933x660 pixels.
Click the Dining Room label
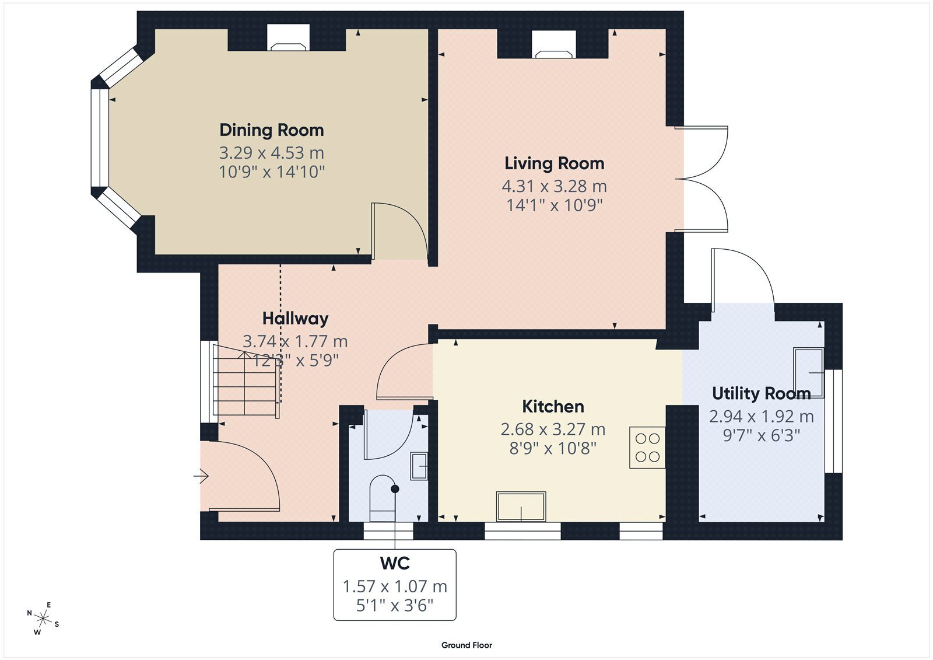click(x=272, y=130)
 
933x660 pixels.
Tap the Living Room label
click(x=555, y=163)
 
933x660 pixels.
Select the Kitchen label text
click(x=553, y=407)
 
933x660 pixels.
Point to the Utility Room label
click(x=762, y=393)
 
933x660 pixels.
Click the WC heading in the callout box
click(x=395, y=563)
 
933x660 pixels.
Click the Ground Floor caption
click(x=467, y=645)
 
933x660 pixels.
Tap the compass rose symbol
click(x=43, y=619)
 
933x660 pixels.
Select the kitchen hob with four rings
click(x=647, y=448)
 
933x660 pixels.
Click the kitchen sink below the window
click(x=521, y=507)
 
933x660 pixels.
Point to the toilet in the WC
click(x=383, y=499)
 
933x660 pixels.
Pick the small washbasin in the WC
click(x=419, y=466)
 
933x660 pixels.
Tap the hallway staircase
click(x=245, y=380)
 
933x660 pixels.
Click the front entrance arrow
click(x=201, y=476)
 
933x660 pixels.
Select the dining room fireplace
click(x=288, y=38)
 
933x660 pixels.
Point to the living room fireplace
click(x=554, y=44)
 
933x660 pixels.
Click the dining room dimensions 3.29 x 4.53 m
click(x=272, y=153)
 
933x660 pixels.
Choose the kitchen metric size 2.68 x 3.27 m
click(x=553, y=429)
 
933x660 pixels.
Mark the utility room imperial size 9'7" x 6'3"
click(x=762, y=436)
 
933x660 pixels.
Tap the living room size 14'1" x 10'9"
click(x=555, y=205)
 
